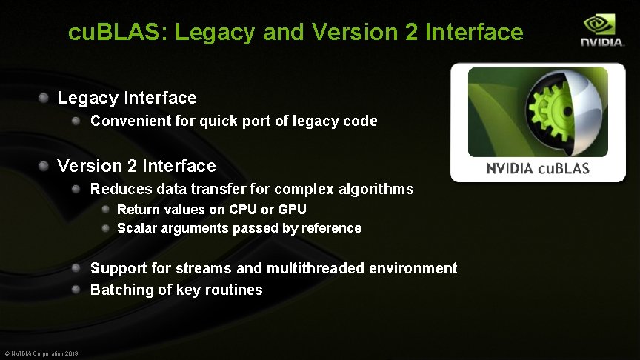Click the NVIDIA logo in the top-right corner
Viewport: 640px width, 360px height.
click(x=601, y=30)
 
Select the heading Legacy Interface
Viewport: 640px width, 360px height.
click(x=127, y=98)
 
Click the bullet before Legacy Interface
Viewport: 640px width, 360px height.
click(x=44, y=97)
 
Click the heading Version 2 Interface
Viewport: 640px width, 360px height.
click(x=136, y=166)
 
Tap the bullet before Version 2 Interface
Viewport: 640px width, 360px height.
click(x=44, y=165)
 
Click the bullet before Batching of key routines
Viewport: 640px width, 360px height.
click(x=77, y=289)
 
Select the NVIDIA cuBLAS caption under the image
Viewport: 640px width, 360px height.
click(x=538, y=169)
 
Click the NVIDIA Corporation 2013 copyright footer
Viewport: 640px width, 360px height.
click(x=41, y=353)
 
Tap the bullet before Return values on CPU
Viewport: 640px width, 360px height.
click(x=107, y=210)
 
